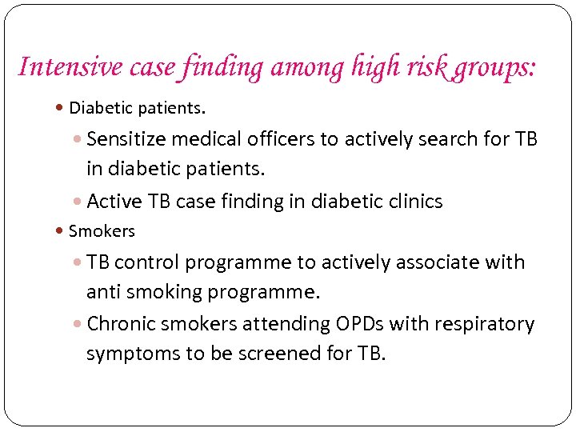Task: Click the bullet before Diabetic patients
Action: click(x=62, y=108)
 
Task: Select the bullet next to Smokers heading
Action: click(x=62, y=232)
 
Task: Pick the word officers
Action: click(x=277, y=139)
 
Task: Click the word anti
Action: click(x=103, y=293)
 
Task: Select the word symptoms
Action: click(x=134, y=354)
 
